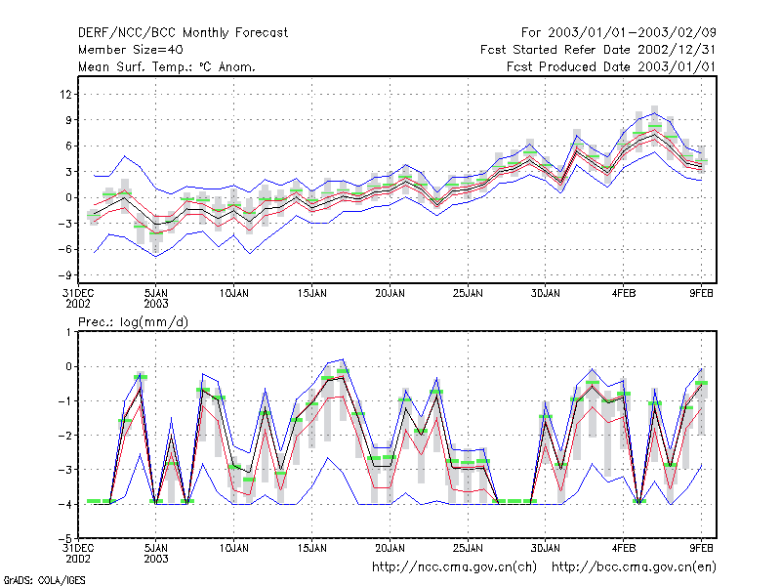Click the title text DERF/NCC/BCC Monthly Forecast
pos(183,33)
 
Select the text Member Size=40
pos(131,50)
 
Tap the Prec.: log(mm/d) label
pos(133,322)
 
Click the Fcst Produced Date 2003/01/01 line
pos(611,66)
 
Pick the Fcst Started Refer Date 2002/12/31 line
pos(598,50)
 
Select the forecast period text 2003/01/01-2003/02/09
pos(632,33)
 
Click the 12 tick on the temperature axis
pos(66,94)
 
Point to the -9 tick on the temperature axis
pos(64,275)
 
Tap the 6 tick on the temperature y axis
pos(68,146)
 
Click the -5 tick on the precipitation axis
pos(64,538)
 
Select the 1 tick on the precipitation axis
pos(68,332)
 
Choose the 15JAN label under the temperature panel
pos(312,294)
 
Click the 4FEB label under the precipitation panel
pos(624,548)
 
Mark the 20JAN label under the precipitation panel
pos(390,548)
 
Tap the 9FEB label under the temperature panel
pos(701,294)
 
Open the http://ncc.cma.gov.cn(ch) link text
pos(454,567)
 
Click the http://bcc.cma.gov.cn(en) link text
pos(634,567)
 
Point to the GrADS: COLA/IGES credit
pos(44,580)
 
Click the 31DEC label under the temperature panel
pos(78,294)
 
